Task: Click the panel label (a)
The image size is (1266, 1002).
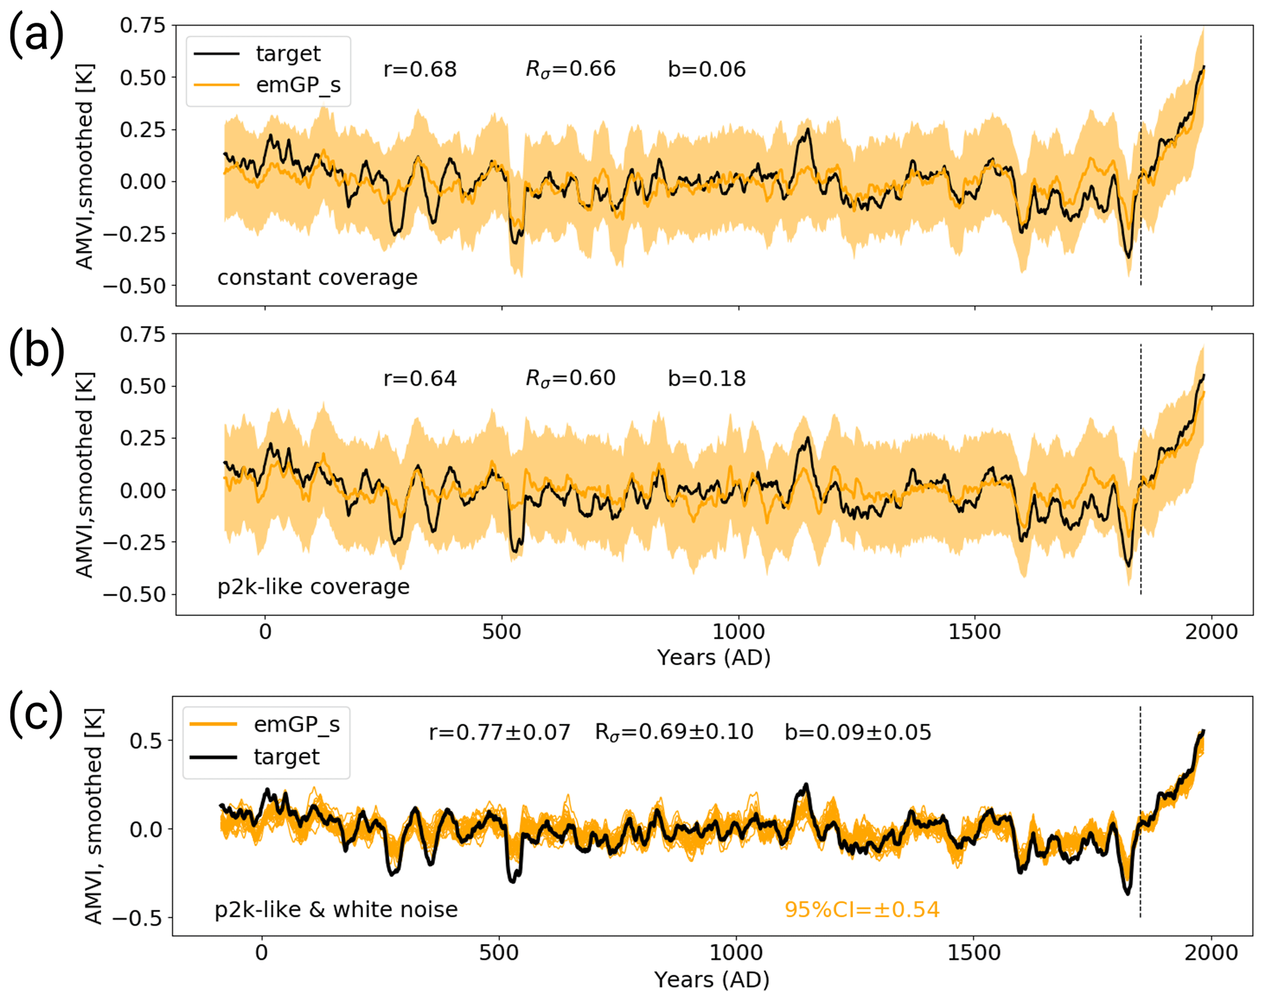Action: (x=36, y=35)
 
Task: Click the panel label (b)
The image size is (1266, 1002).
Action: (x=36, y=351)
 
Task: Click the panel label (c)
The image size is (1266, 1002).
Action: (x=36, y=712)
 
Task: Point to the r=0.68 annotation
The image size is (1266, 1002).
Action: (x=420, y=69)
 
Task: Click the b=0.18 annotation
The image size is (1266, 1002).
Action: (x=707, y=378)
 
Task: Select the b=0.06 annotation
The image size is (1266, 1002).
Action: (x=707, y=69)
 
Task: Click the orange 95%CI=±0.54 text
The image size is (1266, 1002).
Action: (x=862, y=910)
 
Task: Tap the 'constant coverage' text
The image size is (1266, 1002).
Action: (x=317, y=278)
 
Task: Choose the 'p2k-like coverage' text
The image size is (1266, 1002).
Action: (x=314, y=587)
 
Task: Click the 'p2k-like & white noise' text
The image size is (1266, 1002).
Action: (x=336, y=910)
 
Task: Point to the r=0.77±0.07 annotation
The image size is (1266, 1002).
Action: (x=500, y=732)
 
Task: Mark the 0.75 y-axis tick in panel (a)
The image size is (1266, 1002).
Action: (x=143, y=26)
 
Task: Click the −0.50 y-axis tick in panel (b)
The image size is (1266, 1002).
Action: (x=135, y=594)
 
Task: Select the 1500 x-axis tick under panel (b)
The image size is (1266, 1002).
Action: (x=974, y=632)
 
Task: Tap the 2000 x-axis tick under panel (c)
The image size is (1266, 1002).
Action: (x=1211, y=953)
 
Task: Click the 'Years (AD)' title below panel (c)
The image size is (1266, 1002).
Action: (x=712, y=980)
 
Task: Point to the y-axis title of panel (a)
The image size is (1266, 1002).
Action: (x=85, y=166)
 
